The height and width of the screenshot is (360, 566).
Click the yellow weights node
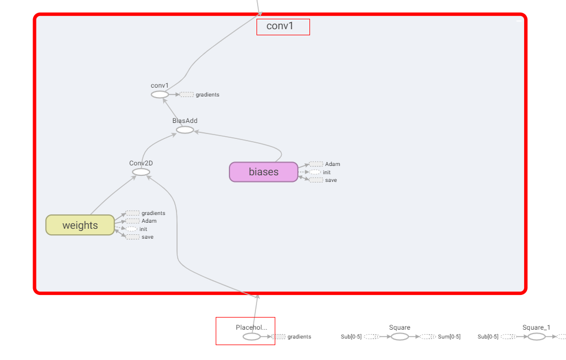[80, 225]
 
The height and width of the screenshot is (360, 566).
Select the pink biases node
[264, 171]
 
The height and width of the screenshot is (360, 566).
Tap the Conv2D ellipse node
[141, 172]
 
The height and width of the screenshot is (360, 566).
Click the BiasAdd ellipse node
[185, 130]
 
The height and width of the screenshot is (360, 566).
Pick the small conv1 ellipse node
[159, 95]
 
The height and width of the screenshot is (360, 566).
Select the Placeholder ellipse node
[252, 336]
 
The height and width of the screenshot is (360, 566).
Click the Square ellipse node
[400, 336]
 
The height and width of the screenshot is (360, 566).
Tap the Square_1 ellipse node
[536, 336]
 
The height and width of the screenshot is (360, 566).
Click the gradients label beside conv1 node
[207, 95]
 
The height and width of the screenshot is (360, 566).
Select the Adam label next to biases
[333, 164]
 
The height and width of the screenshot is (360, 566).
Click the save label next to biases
[331, 180]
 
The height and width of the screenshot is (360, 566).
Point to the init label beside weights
[143, 229]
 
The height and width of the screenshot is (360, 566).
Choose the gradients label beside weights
[153, 213]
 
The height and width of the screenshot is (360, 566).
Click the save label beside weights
[147, 237]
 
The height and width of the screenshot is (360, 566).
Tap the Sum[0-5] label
[449, 336]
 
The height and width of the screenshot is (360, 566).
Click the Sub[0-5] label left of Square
[351, 336]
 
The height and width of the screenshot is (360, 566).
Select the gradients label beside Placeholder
[299, 336]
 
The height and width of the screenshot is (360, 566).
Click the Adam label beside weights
[149, 221]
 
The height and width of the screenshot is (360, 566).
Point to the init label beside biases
[327, 173]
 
